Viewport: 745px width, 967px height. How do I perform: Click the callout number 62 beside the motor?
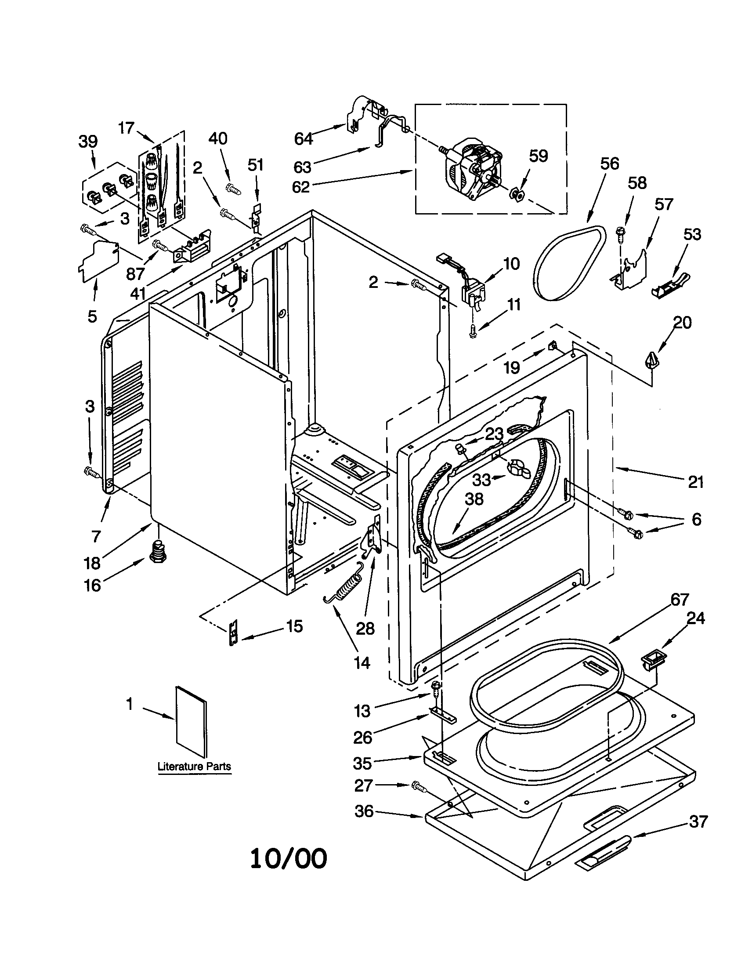click(301, 187)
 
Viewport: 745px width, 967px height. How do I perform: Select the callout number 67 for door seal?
click(679, 600)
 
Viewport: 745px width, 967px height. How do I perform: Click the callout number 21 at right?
click(695, 481)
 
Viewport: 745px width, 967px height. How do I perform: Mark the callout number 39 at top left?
click(88, 142)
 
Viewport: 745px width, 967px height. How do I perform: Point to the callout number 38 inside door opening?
click(474, 499)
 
